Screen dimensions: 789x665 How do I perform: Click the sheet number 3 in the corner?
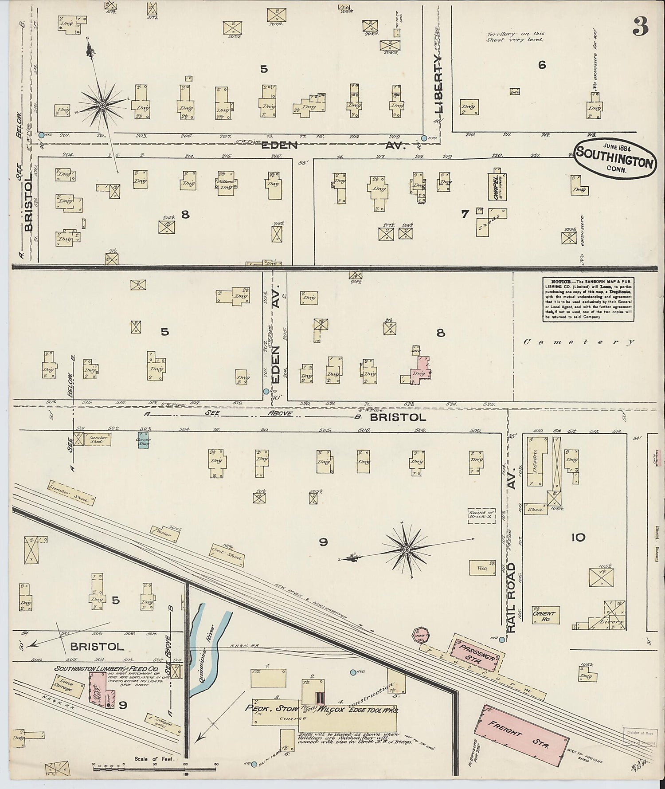(x=640, y=27)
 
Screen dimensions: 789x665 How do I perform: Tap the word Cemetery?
(x=579, y=342)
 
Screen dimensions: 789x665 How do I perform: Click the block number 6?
(x=542, y=65)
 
